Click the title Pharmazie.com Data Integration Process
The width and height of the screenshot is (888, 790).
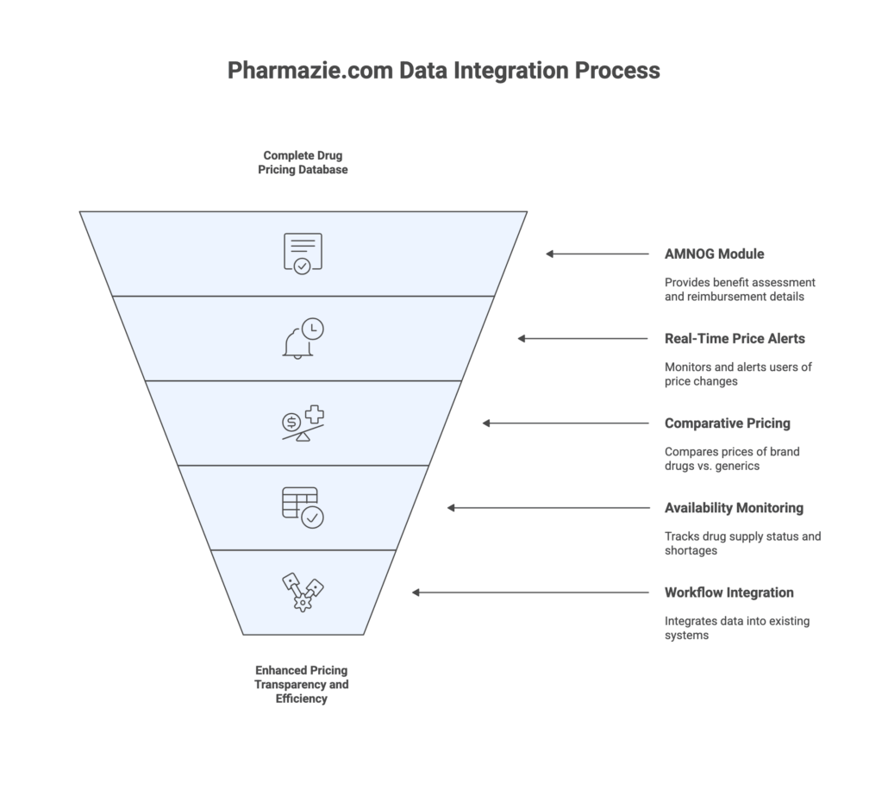pos(443,71)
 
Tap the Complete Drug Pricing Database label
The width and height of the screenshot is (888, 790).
pos(303,162)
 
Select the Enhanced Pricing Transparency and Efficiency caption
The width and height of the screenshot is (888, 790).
pos(302,684)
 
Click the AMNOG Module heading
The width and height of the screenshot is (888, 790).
pos(714,254)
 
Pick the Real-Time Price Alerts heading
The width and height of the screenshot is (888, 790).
pos(735,339)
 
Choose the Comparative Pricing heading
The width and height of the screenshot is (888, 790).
pos(727,423)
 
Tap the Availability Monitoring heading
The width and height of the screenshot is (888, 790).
pos(734,508)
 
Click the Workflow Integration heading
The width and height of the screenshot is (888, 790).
pos(729,592)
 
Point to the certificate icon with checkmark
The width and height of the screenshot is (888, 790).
pos(303,254)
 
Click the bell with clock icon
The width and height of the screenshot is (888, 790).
pos(303,338)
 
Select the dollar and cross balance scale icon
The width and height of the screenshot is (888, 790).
pos(303,423)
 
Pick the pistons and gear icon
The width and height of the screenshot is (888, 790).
pos(303,592)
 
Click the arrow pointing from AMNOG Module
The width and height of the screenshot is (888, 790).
pos(597,254)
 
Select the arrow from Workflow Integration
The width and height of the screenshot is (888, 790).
pos(530,592)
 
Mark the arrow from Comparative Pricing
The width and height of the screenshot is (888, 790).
pos(566,423)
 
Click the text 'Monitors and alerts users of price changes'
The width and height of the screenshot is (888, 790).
pos(738,373)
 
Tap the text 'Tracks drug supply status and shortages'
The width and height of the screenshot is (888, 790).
pos(742,543)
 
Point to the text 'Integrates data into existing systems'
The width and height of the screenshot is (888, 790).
pos(737,627)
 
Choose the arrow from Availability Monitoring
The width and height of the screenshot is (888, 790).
pos(548,508)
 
